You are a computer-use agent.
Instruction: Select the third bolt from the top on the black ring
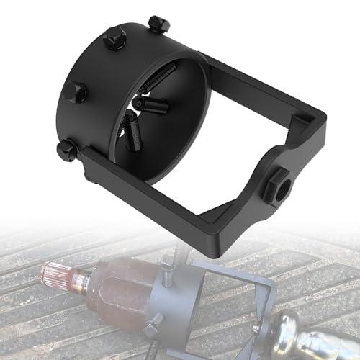74,91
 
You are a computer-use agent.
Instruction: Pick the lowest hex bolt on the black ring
67,150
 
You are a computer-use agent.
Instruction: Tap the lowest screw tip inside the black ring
132,133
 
